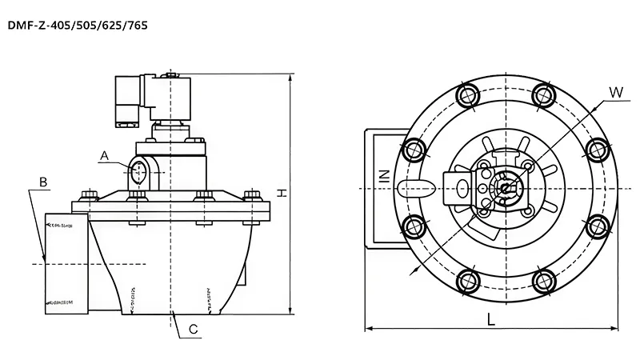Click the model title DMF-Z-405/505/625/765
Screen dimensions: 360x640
click(77, 26)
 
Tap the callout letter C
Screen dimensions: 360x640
click(193, 328)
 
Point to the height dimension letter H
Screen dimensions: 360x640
click(282, 192)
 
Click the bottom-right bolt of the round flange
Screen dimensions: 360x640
click(543, 280)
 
